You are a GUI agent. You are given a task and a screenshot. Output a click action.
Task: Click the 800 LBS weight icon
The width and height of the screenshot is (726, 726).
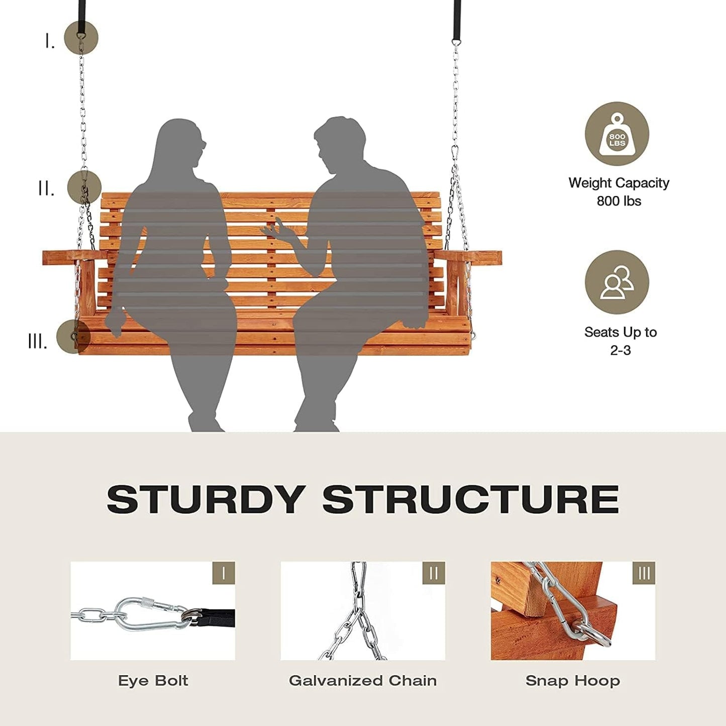pos(617,134)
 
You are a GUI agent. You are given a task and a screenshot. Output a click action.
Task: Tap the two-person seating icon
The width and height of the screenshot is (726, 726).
pos(617,282)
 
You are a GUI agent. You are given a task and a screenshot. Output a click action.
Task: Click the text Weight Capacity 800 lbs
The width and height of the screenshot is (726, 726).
pos(618,191)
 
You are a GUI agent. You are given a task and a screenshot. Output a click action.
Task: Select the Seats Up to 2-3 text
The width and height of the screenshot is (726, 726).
pos(620,341)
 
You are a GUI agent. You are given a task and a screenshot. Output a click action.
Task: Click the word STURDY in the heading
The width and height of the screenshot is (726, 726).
pos(206,499)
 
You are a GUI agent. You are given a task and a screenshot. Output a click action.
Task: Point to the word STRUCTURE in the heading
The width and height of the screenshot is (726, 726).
pos(470,499)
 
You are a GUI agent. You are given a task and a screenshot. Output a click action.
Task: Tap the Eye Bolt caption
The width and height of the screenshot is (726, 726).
pos(153,681)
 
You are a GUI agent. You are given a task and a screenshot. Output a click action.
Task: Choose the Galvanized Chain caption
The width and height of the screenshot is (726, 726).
pos(363,681)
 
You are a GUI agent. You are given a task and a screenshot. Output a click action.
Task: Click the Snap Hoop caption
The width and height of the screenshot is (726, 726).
pos(573,681)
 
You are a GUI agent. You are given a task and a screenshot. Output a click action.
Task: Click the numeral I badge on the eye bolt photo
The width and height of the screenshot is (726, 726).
pos(224,573)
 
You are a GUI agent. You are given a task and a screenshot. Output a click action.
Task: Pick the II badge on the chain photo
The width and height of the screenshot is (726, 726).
pos(434,573)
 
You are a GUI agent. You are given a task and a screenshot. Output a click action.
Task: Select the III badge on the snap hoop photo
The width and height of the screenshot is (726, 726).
pos(644,573)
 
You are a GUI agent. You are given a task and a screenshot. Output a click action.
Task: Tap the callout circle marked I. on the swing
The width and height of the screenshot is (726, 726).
pos(81,38)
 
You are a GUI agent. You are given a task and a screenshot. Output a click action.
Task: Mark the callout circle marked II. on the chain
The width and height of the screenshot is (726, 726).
pos(84,187)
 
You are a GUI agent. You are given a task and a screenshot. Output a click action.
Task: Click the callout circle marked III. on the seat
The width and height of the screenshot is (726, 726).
pos(73,337)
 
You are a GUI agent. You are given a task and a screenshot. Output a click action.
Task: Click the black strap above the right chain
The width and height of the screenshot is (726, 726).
pos(457,20)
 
